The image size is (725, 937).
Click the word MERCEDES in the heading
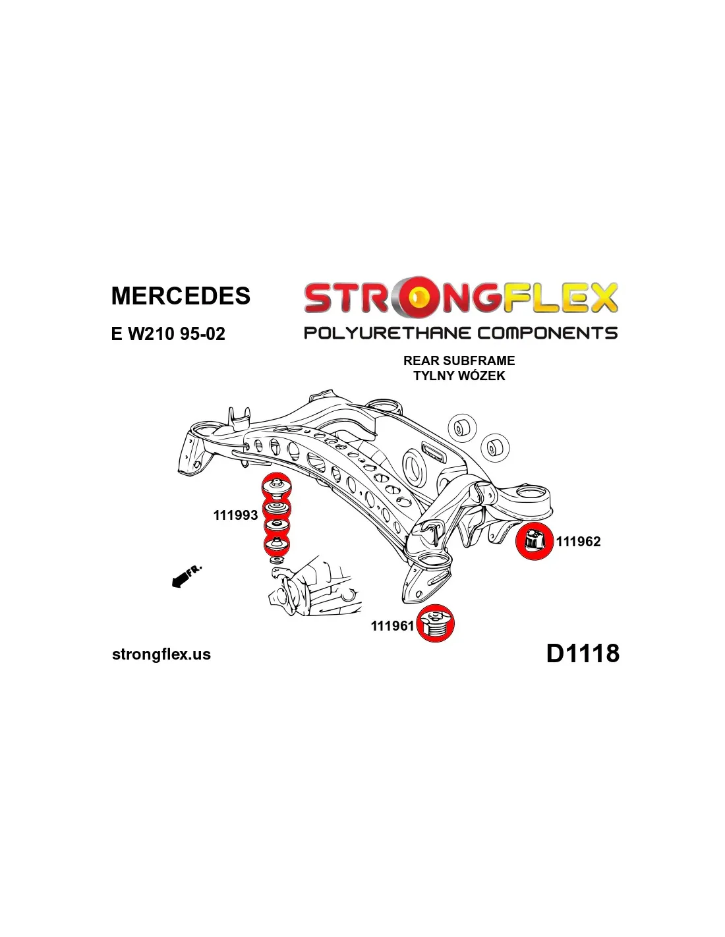[181, 296]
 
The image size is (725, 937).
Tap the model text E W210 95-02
[168, 333]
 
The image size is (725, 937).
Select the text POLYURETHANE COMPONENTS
[460, 333]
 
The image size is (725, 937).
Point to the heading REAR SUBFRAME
[459, 360]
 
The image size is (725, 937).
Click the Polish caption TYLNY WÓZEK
[459, 376]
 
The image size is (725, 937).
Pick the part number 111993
[235, 515]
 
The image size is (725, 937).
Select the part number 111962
[578, 542]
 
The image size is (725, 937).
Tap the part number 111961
[392, 626]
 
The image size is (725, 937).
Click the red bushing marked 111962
[534, 542]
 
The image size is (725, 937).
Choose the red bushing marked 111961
[436, 623]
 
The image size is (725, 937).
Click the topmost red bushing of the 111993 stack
[277, 488]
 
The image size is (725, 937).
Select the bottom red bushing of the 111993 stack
[277, 544]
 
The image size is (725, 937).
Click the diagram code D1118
[583, 653]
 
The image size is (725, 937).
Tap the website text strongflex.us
[161, 654]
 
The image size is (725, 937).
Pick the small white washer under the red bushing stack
[277, 560]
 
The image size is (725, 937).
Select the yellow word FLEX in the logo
[560, 298]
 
